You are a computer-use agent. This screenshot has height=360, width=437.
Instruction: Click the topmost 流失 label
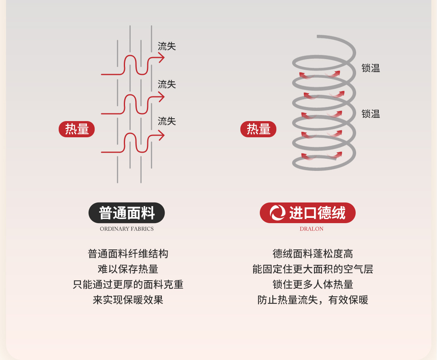click(167, 46)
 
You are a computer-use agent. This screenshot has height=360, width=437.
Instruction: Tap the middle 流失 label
click(167, 84)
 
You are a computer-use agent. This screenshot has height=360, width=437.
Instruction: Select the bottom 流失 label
click(167, 121)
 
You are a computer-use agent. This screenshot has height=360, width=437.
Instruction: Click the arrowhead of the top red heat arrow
click(161, 58)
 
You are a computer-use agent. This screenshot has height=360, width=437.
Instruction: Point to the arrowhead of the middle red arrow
click(161, 97)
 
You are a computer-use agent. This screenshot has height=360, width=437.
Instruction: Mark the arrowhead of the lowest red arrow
click(161, 135)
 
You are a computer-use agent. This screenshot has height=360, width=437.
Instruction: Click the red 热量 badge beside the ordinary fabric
click(77, 129)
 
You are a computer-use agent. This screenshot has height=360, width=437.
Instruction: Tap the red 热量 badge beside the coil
click(258, 129)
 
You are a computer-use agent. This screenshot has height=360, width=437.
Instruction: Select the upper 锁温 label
click(371, 68)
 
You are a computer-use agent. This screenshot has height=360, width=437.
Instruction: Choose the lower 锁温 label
click(371, 114)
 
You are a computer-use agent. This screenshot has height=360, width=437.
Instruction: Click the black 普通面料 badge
click(127, 213)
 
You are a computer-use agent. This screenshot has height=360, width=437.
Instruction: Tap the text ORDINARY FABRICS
click(127, 229)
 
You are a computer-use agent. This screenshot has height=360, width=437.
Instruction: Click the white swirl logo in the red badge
click(278, 213)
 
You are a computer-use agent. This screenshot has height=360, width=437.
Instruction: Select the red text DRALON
click(312, 229)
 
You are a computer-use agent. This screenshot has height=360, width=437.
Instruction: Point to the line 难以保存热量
click(128, 269)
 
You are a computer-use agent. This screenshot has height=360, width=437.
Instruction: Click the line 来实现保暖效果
click(128, 300)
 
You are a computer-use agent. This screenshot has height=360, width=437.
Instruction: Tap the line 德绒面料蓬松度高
click(313, 254)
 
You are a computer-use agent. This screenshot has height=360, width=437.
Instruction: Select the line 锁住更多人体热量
click(313, 285)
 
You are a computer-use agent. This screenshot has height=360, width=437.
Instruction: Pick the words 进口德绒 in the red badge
click(317, 213)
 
